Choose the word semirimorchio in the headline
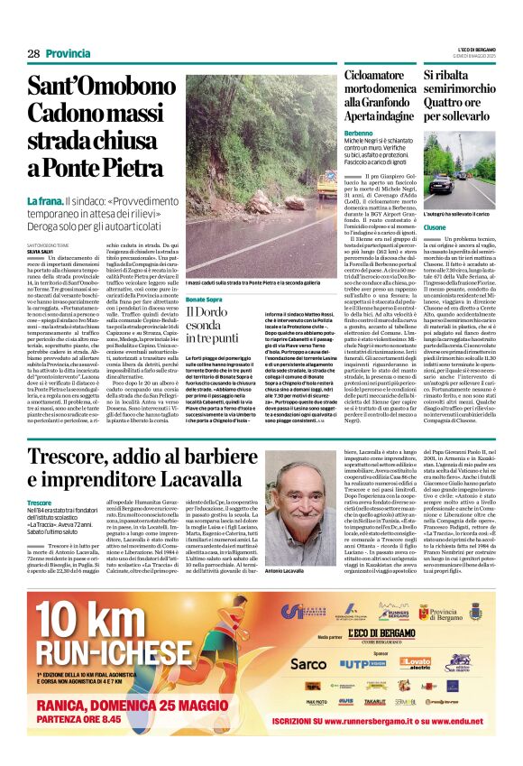pos(465,88)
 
